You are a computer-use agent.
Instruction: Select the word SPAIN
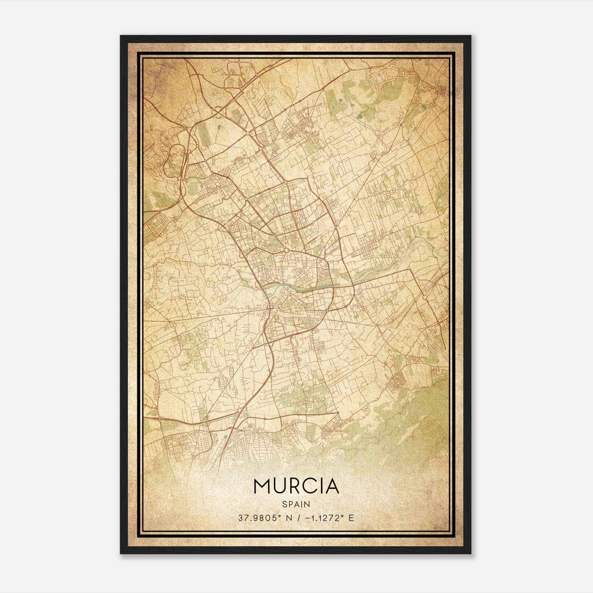296,504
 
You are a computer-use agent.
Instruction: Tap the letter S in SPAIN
285,504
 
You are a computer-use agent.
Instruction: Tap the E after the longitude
351,518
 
